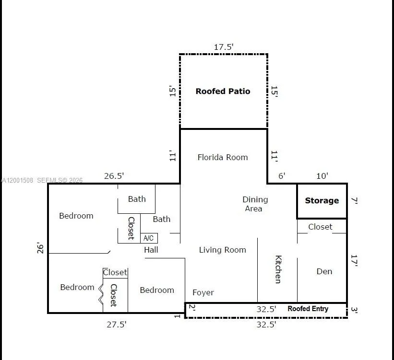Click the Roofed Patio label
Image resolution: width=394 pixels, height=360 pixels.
tap(223, 91)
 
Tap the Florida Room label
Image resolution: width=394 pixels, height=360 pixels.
tap(223, 157)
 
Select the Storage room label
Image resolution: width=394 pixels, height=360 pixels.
tap(322, 201)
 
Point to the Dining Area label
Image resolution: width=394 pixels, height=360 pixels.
tap(254, 204)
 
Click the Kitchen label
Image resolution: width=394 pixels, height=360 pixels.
tap(278, 269)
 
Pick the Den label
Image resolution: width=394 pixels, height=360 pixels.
tap(324, 271)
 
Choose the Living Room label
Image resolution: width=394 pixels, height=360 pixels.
tap(222, 250)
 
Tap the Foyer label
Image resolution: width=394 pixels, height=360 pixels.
tap(203, 292)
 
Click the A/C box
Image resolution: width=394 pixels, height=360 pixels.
tap(149, 238)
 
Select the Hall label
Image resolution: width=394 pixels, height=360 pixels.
tap(151, 250)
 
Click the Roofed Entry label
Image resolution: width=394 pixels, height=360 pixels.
tap(308, 309)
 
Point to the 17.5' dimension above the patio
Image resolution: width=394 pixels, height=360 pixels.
tap(224, 47)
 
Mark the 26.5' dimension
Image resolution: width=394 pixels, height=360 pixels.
tap(114, 176)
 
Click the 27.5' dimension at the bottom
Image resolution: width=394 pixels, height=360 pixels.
tap(117, 325)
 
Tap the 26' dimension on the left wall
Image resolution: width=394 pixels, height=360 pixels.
tap(41, 248)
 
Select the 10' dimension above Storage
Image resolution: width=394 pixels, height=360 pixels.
tap(322, 176)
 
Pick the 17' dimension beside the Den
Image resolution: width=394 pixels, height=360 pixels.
tap(355, 260)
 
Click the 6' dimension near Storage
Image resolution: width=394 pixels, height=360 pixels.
tap(282, 176)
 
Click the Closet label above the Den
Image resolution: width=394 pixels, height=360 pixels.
tap(320, 227)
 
